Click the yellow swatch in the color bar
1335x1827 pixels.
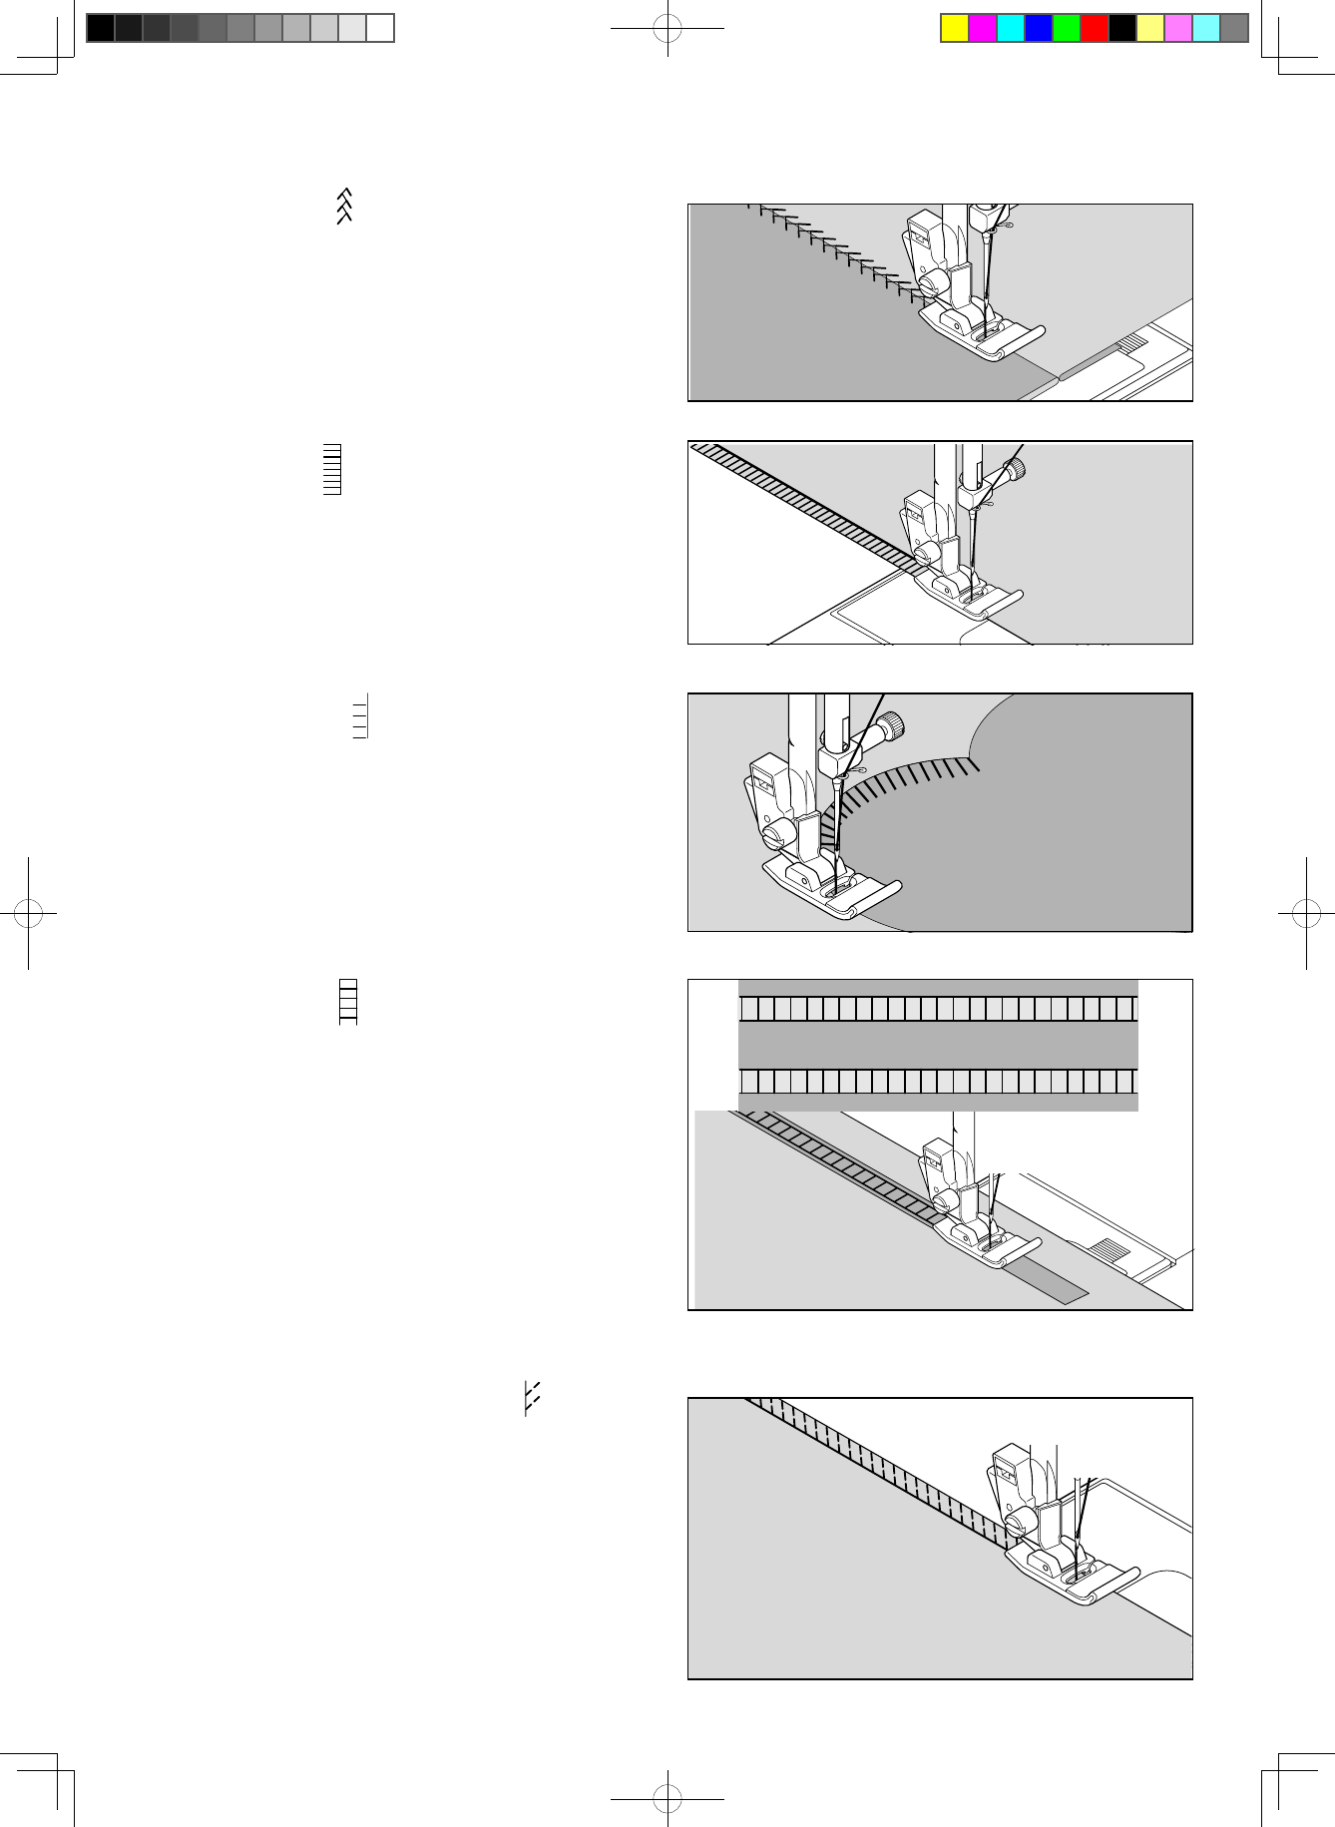coord(955,28)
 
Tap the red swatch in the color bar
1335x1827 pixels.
coord(1095,28)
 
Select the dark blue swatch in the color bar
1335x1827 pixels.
coord(1039,28)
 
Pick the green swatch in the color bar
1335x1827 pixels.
coord(1067,28)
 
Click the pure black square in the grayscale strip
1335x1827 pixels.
coord(101,28)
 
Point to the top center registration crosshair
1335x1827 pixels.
coord(667,29)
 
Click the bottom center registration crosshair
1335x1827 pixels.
coord(667,1799)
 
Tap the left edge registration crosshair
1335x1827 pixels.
coord(28,912)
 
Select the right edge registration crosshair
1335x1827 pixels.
coord(1306,912)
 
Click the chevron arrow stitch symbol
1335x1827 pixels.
coord(344,206)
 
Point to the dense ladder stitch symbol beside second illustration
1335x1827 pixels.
coord(332,469)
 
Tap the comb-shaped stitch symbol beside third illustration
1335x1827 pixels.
coord(361,716)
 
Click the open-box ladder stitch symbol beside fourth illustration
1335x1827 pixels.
coord(348,1002)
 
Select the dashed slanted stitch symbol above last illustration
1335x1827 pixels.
coord(532,1398)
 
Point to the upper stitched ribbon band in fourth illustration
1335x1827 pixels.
coord(938,1008)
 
